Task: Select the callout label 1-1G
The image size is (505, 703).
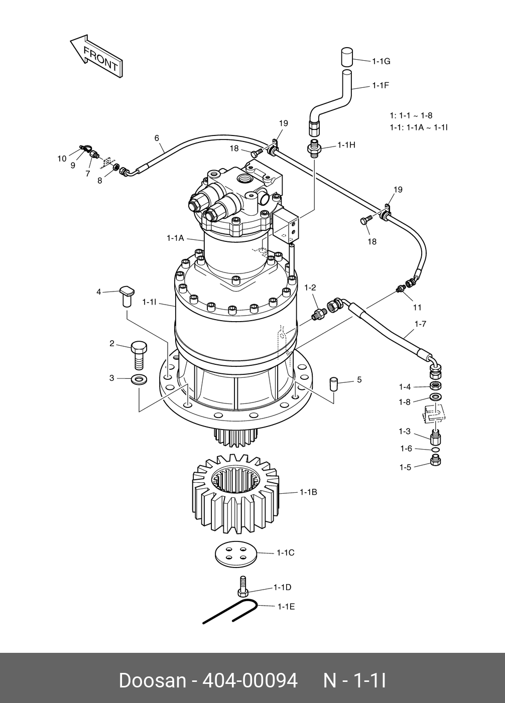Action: pyautogui.click(x=381, y=61)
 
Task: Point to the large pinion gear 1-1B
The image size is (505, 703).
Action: pyautogui.click(x=235, y=494)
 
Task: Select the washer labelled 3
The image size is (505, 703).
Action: pyautogui.click(x=139, y=378)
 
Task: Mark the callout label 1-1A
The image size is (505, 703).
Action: pyautogui.click(x=175, y=238)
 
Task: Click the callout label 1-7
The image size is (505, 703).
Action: pyautogui.click(x=420, y=324)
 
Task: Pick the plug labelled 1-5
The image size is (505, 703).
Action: pyautogui.click(x=436, y=461)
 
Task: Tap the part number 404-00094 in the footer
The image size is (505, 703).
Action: pyautogui.click(x=249, y=681)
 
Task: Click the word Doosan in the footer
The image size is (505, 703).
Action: pyautogui.click(x=152, y=681)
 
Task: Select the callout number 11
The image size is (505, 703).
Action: pyautogui.click(x=417, y=307)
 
